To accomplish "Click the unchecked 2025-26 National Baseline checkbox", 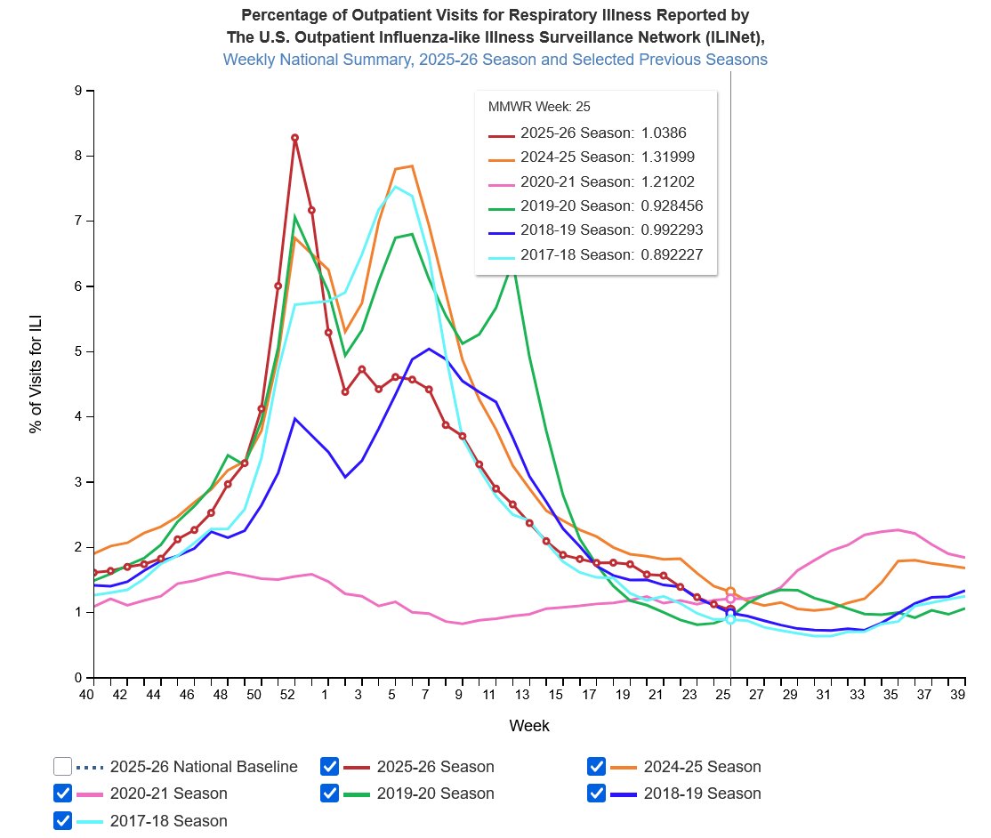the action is pyautogui.click(x=62, y=766).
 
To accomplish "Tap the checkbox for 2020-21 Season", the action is pyautogui.click(x=62, y=794).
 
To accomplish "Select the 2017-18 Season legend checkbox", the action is pyautogui.click(x=62, y=820).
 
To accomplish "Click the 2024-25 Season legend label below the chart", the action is pyautogui.click(x=702, y=767).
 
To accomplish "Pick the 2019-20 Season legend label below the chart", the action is pyautogui.click(x=436, y=794).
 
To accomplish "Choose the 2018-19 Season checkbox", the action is pyautogui.click(x=596, y=794).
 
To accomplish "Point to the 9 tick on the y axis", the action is pyautogui.click(x=78, y=91).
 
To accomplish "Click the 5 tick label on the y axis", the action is pyautogui.click(x=78, y=351).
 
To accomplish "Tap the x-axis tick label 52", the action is pyautogui.click(x=287, y=695).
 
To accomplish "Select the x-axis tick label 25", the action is pyautogui.click(x=723, y=695).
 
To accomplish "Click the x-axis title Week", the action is pyautogui.click(x=529, y=726).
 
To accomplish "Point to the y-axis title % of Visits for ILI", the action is pyautogui.click(x=36, y=374).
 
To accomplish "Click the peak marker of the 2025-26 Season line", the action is pyautogui.click(x=294, y=138).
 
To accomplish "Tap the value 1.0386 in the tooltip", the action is pyautogui.click(x=664, y=133).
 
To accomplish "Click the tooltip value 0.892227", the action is pyautogui.click(x=672, y=254).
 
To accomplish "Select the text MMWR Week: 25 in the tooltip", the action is pyautogui.click(x=539, y=107).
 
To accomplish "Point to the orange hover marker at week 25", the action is pyautogui.click(x=730, y=592).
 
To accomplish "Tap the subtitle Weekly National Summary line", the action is pyautogui.click(x=495, y=60).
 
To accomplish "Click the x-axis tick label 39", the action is pyautogui.click(x=957, y=695).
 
